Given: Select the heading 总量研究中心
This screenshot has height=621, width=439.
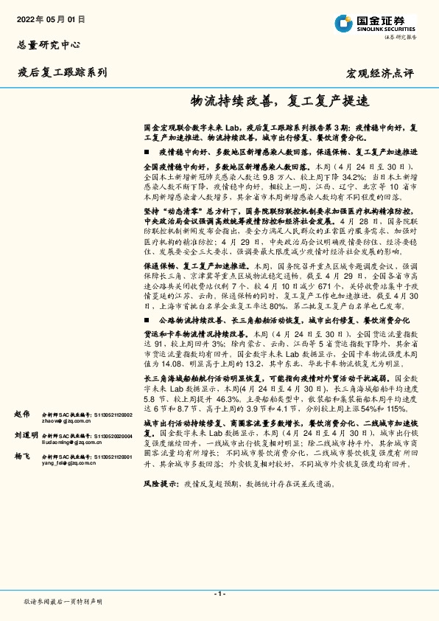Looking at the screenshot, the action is point(49,44).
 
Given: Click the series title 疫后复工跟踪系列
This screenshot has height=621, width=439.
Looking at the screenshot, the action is point(62,72).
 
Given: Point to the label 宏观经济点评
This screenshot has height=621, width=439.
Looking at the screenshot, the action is point(380,73).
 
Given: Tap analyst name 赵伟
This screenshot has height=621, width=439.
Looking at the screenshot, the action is point(22,415).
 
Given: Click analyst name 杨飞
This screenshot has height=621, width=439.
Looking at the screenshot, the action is point(22,457).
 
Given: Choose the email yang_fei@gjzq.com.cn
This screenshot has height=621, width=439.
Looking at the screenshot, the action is point(69,465).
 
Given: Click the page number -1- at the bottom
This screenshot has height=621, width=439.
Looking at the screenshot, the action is point(219,593).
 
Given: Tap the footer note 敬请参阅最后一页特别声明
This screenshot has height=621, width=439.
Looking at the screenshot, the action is point(63,602).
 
